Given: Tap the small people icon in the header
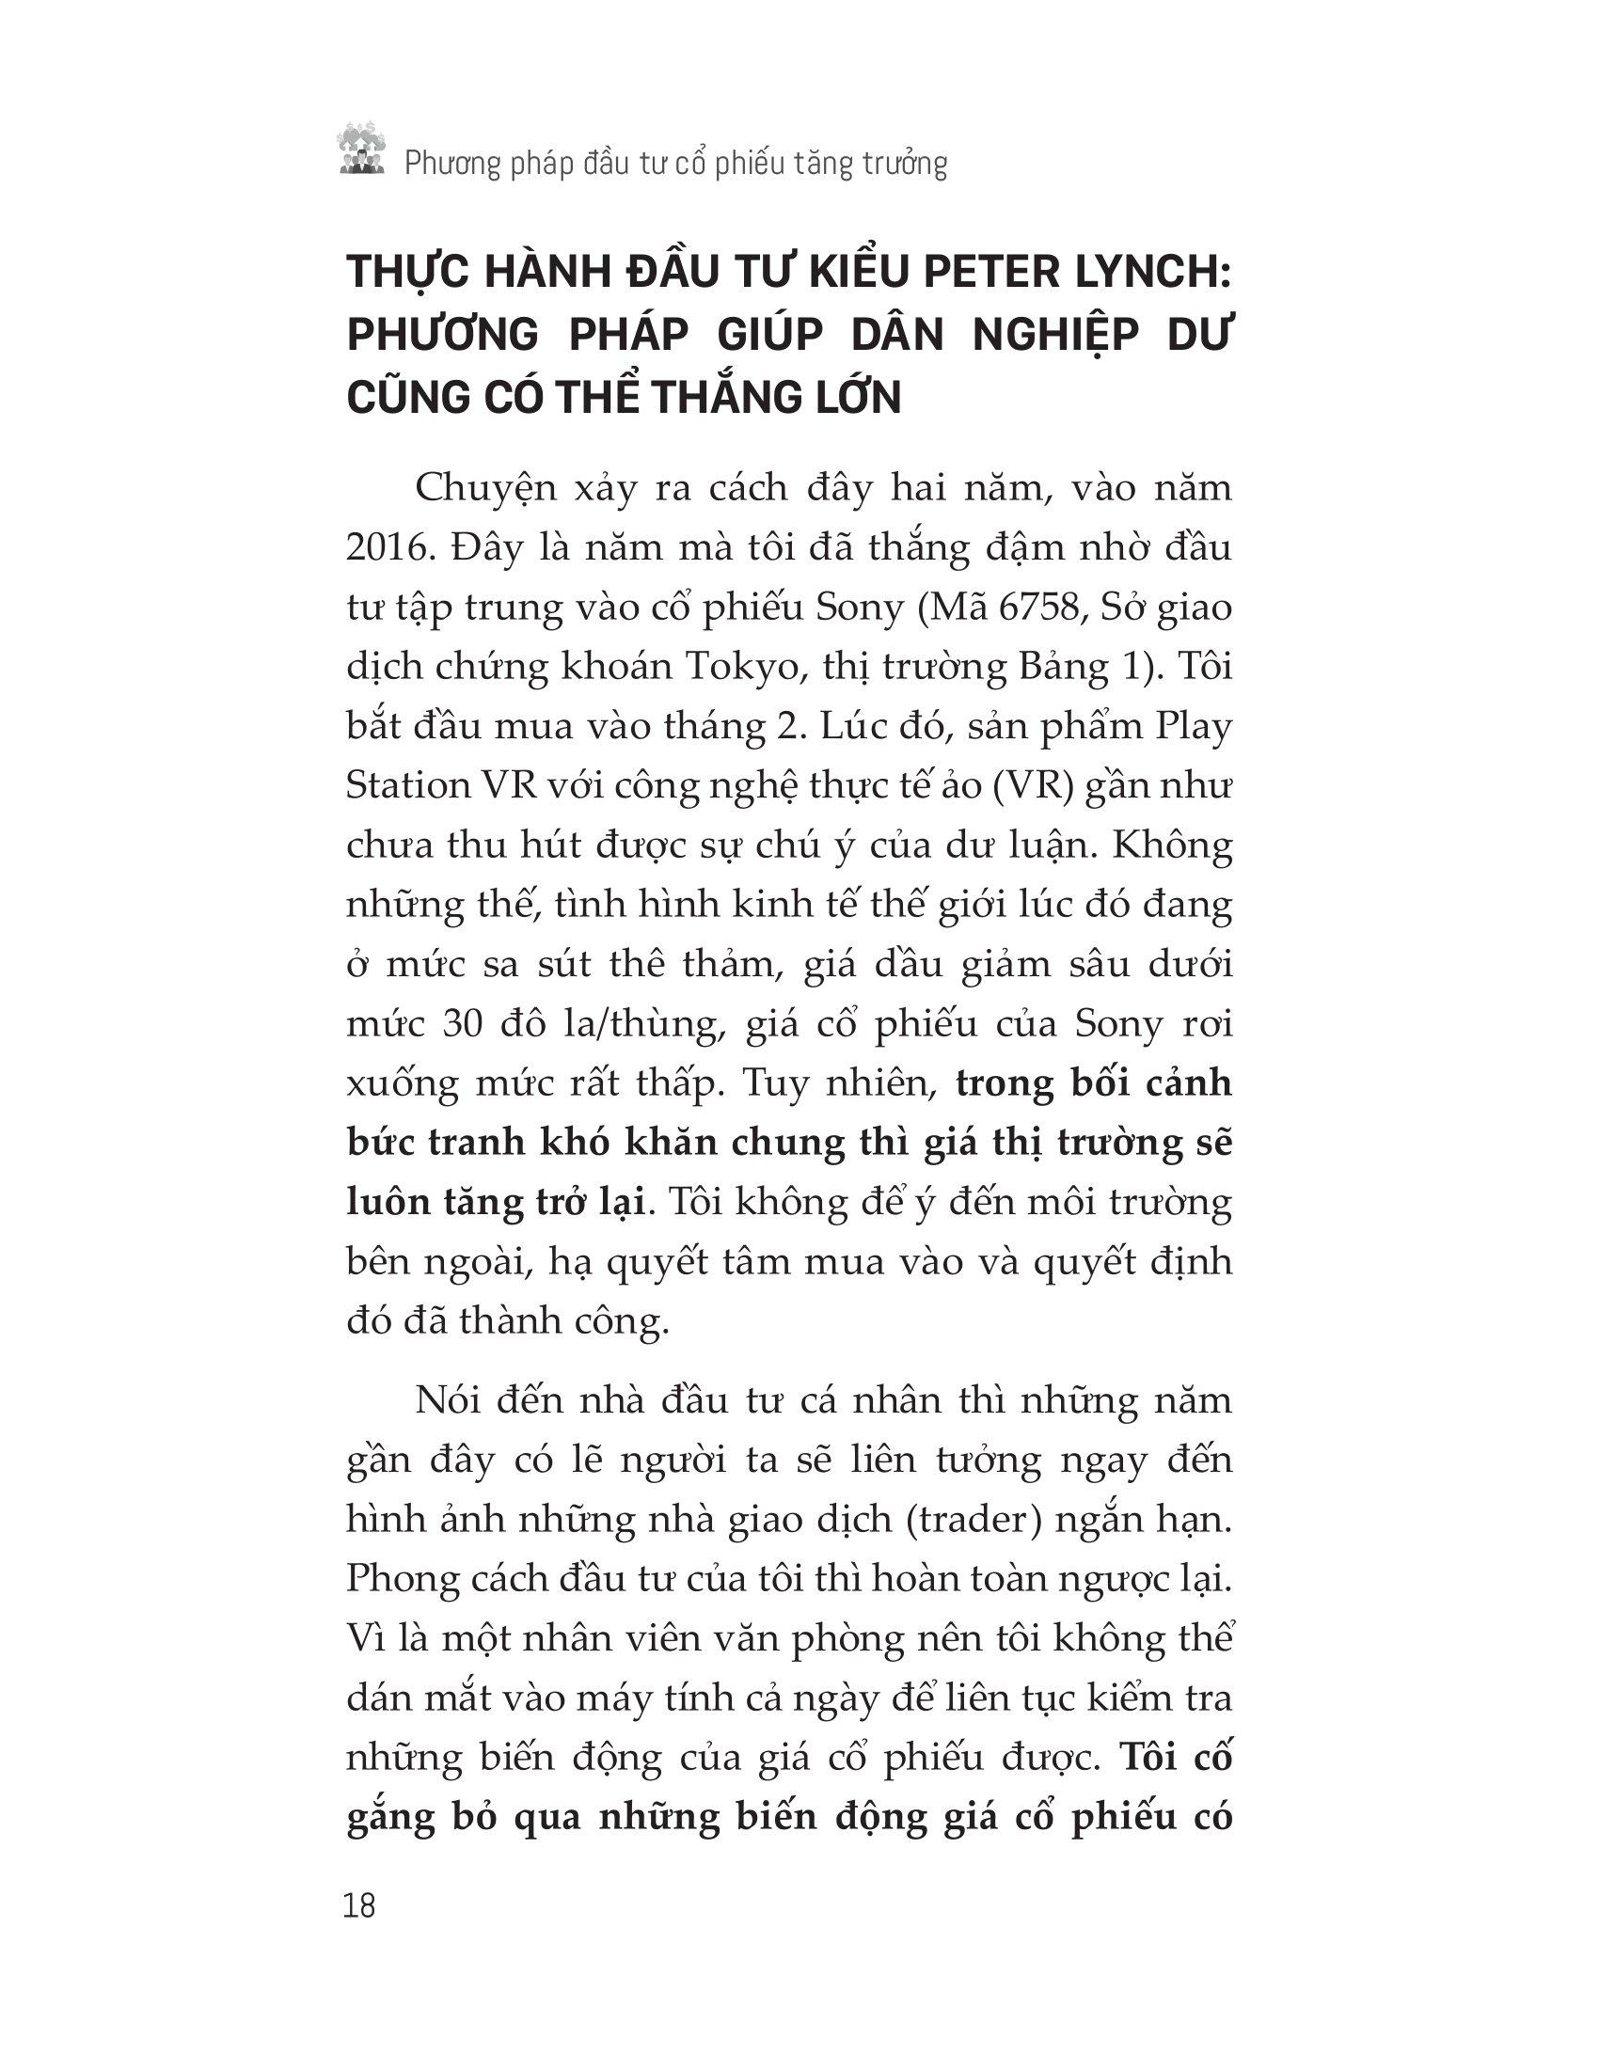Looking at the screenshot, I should pos(362,151).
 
